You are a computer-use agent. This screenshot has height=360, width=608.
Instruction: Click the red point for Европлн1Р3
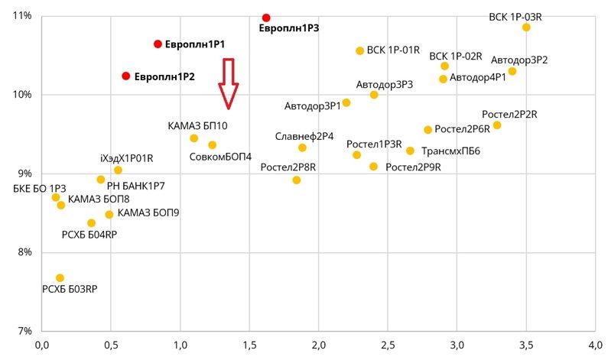point(266,18)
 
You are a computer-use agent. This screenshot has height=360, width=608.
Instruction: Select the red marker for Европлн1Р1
point(158,44)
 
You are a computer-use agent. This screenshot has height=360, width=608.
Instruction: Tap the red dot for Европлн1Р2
point(126,76)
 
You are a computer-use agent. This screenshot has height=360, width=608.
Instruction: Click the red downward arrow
point(227,83)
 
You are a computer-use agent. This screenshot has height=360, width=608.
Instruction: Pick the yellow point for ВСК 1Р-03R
point(526,28)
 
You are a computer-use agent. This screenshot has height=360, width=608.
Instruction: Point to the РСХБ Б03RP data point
point(60,278)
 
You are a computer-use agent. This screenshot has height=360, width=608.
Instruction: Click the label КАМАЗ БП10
point(197,125)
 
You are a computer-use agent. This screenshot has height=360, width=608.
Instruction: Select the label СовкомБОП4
point(220,157)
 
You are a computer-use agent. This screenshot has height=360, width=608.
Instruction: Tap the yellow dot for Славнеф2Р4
point(302,148)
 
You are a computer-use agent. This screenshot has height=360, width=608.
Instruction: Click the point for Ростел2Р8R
point(297,180)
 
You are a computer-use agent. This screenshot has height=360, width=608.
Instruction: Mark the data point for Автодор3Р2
point(512,71)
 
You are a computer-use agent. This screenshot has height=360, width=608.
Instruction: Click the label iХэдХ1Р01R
point(127,158)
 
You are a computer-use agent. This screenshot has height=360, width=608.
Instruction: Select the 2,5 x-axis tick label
point(388,346)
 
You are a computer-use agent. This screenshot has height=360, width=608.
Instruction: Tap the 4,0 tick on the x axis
point(595,346)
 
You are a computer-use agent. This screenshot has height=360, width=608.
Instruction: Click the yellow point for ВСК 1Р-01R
point(360,50)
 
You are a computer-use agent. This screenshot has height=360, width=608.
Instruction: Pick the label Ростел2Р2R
point(509,115)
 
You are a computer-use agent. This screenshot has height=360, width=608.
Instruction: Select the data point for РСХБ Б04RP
point(92,223)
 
